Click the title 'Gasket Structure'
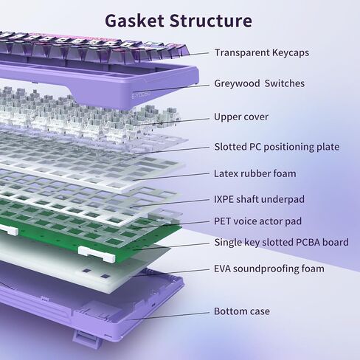coord(179,21)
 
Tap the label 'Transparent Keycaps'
coord(262,52)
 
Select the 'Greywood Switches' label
coord(260,83)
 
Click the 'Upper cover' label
coord(241,117)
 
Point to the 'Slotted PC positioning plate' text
coord(277,147)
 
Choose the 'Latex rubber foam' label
coord(255,173)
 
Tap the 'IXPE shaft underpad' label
coord(259,199)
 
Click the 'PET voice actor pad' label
coord(257,221)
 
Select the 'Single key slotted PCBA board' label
coord(282,243)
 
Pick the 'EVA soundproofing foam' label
coord(269,269)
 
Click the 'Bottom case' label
coord(242,311)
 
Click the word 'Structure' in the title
coord(211,21)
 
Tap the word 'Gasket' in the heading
coord(134,21)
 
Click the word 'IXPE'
coord(224,199)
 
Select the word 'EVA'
coord(222,269)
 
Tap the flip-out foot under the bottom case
coord(87,339)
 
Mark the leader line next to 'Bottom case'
coord(167,316)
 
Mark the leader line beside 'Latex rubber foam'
coord(171,177)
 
